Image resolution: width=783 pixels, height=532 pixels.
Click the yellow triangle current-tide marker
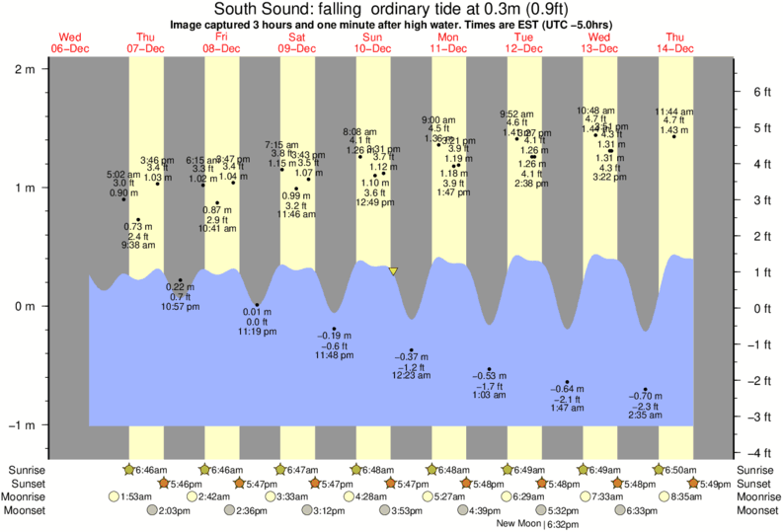394,270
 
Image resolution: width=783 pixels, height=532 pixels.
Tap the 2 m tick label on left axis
25,68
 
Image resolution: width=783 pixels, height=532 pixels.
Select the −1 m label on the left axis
21,425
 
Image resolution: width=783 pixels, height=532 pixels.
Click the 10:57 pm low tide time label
181,308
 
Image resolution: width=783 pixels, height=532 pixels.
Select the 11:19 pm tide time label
257,333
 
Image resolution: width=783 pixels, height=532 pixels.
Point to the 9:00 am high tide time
438,118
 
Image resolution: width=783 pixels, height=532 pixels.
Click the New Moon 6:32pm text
537,524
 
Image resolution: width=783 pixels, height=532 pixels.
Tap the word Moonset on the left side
30,510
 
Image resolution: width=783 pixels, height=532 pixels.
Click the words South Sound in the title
254,9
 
